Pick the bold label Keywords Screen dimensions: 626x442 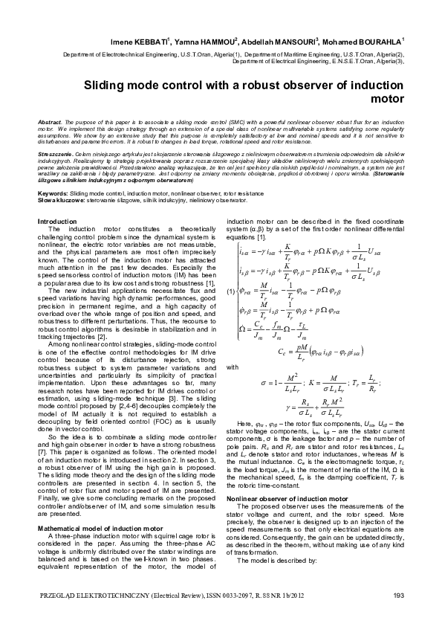(51, 193)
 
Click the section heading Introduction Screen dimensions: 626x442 (56, 222)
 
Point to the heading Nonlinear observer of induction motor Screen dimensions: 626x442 (287, 497)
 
